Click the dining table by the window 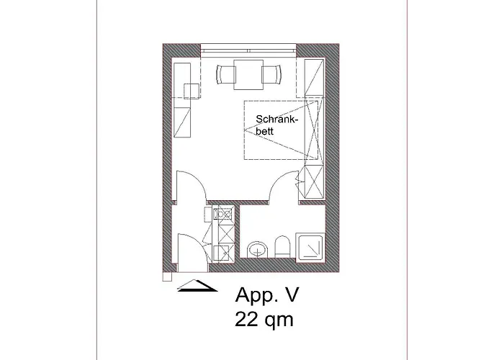[248, 74]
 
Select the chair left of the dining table [225, 74]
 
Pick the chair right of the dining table [271, 74]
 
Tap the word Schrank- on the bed [271, 120]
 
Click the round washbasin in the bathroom [256, 250]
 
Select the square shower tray [313, 247]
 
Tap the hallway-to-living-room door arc [189, 184]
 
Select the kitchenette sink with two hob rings [224, 215]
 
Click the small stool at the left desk [193, 91]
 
